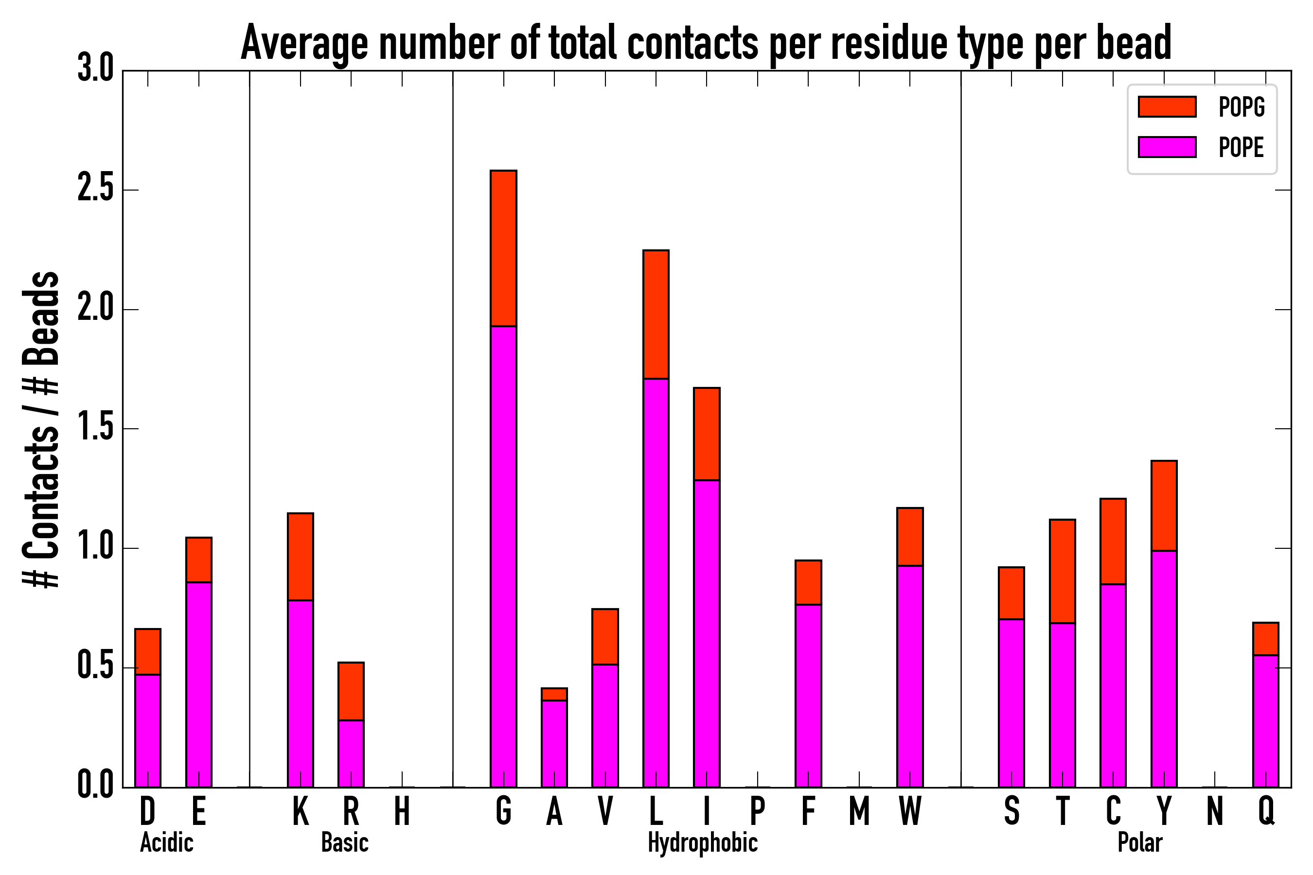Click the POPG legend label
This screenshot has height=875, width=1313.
[1241, 106]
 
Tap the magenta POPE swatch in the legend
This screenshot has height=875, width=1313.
[1167, 147]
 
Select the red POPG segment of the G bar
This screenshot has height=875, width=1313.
[503, 248]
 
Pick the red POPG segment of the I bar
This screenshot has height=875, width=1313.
[706, 434]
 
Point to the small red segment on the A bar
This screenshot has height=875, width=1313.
[554, 694]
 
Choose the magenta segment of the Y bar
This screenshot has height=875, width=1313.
[1164, 668]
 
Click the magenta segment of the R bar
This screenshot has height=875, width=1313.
[351, 753]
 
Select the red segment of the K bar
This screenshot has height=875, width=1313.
[301, 557]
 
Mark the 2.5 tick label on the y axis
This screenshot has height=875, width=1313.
[95, 190]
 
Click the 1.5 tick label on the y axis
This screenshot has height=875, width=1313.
[95, 429]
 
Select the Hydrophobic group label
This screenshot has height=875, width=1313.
[702, 842]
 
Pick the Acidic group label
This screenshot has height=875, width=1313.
[166, 842]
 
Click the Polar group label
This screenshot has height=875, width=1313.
[1139, 842]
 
